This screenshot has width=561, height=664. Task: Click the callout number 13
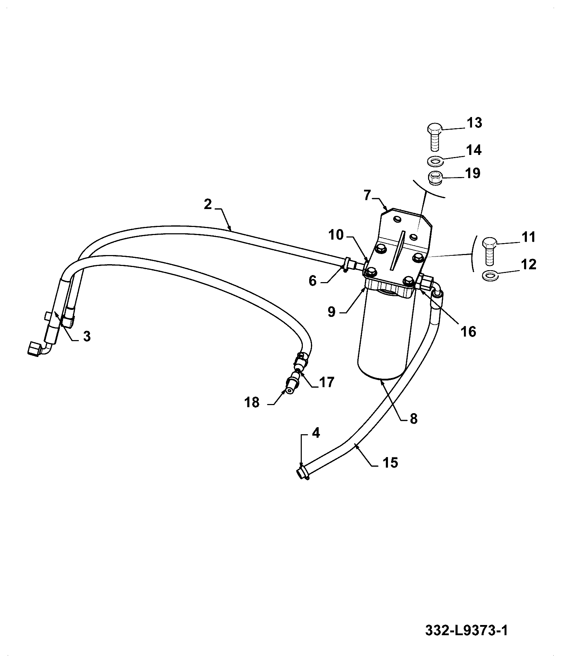tap(474, 123)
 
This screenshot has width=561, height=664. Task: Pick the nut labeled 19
tap(435, 177)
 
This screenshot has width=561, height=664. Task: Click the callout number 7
tap(368, 195)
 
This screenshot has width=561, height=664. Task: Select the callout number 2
tap(208, 204)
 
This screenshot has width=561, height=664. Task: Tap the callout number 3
tap(87, 336)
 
